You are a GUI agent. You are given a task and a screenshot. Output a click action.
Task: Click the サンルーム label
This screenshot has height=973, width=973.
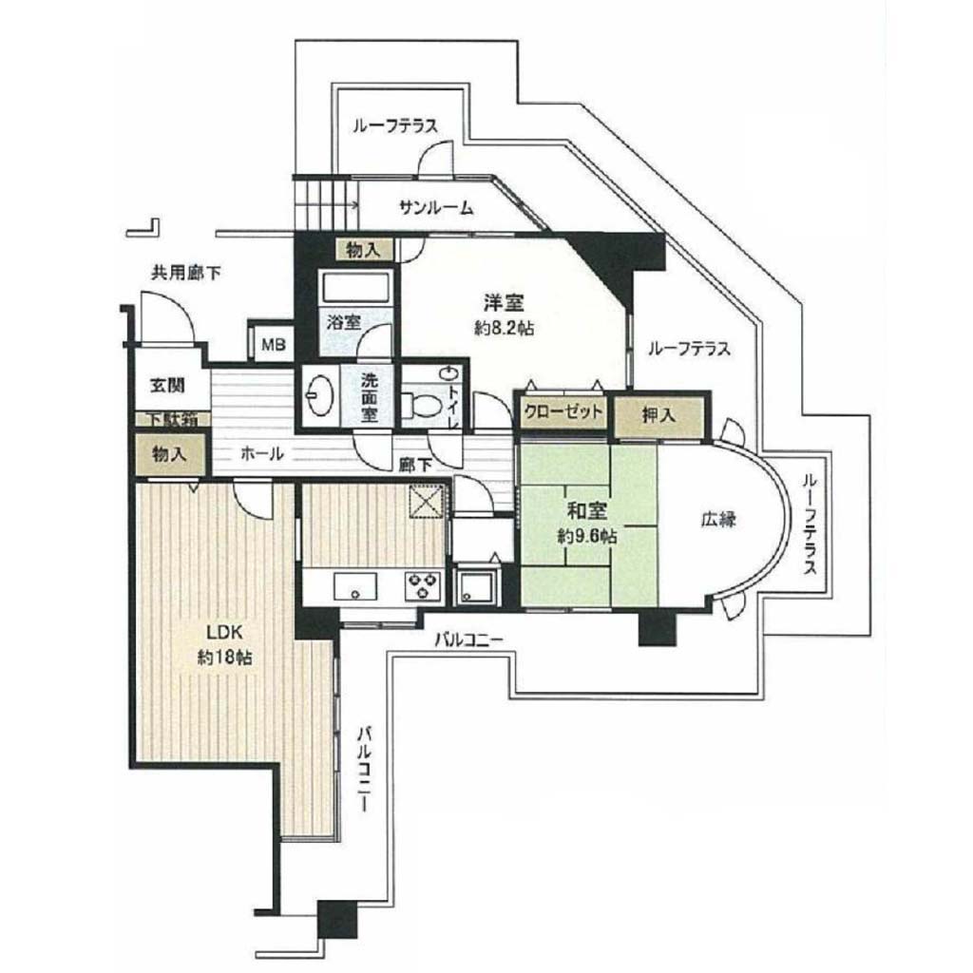(436, 208)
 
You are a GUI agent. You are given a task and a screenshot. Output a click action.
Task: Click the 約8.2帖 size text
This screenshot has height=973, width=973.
(504, 328)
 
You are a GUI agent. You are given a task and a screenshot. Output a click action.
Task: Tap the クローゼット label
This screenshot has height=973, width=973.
(563, 410)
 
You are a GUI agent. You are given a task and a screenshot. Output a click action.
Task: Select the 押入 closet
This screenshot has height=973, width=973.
(659, 415)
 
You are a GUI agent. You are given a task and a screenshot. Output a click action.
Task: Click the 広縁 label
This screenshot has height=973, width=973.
(718, 519)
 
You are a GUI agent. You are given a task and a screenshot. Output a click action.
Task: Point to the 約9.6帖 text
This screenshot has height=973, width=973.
(587, 536)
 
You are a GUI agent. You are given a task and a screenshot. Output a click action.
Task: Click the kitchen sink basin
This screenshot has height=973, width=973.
(355, 586)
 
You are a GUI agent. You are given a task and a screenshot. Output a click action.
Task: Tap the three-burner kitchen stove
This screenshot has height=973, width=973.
(423, 586)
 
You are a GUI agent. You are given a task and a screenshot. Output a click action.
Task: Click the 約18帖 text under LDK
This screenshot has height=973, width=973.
(224, 658)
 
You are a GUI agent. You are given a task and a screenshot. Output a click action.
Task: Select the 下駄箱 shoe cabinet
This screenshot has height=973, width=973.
(173, 419)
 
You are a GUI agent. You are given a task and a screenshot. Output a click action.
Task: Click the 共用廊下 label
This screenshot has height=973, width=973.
(186, 273)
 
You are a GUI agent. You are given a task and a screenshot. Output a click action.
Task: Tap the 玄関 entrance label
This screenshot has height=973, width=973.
(167, 385)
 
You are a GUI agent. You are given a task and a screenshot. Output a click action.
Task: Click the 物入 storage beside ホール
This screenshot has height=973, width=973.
(170, 454)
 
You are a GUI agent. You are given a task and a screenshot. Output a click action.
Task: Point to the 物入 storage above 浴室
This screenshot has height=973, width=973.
(364, 251)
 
